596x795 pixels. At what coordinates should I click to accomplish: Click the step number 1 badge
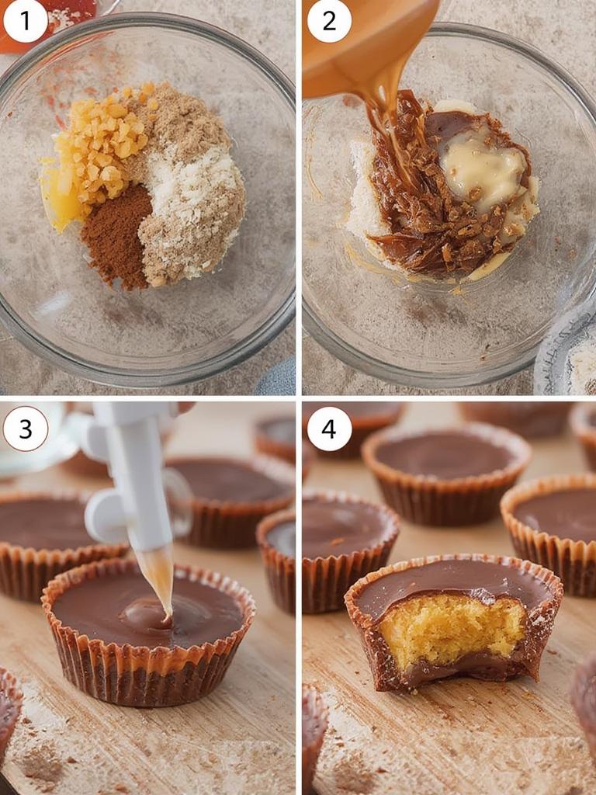[x=26, y=21]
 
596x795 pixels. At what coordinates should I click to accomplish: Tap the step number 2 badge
[x=329, y=21]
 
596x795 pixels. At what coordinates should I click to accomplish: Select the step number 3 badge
[x=26, y=428]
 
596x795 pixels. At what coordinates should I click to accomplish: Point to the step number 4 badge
[x=329, y=428]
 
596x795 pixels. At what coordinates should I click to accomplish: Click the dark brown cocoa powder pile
[x=116, y=237]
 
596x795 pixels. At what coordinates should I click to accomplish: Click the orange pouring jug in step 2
[x=365, y=39]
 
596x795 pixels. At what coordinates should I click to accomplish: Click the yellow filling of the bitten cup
[x=450, y=629]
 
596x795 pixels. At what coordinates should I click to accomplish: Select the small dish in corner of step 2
[x=570, y=361]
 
